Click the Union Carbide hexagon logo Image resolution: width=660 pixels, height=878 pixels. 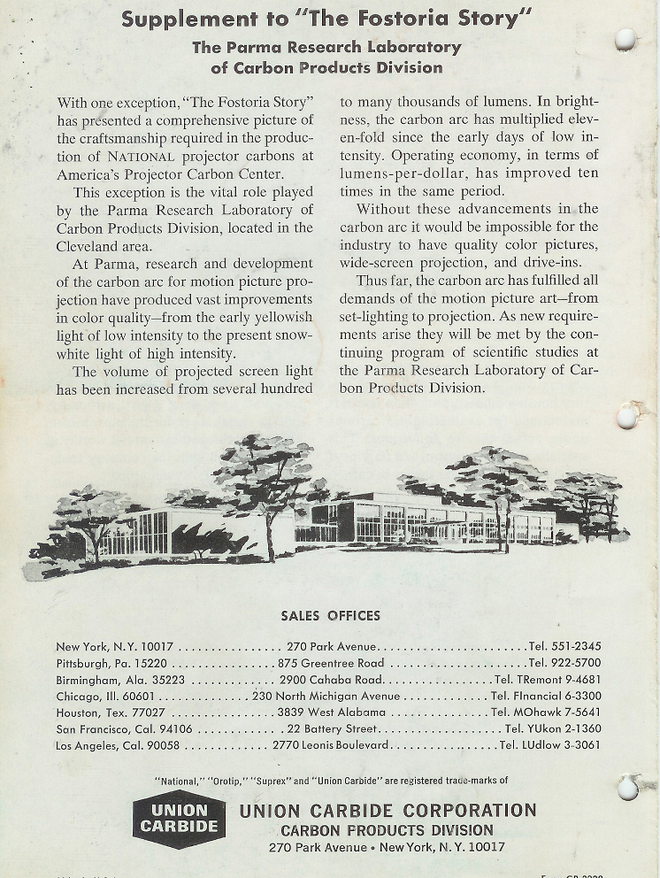[x=179, y=818]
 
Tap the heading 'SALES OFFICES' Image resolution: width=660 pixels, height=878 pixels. [x=330, y=616]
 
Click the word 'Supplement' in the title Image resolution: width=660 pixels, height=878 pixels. [x=179, y=19]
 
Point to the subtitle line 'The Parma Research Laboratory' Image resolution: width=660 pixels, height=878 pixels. [x=326, y=47]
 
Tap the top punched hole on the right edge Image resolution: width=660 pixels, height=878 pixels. [x=625, y=39]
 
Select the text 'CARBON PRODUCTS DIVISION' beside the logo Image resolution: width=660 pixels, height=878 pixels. [x=387, y=830]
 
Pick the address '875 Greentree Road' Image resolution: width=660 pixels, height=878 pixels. [x=331, y=663]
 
